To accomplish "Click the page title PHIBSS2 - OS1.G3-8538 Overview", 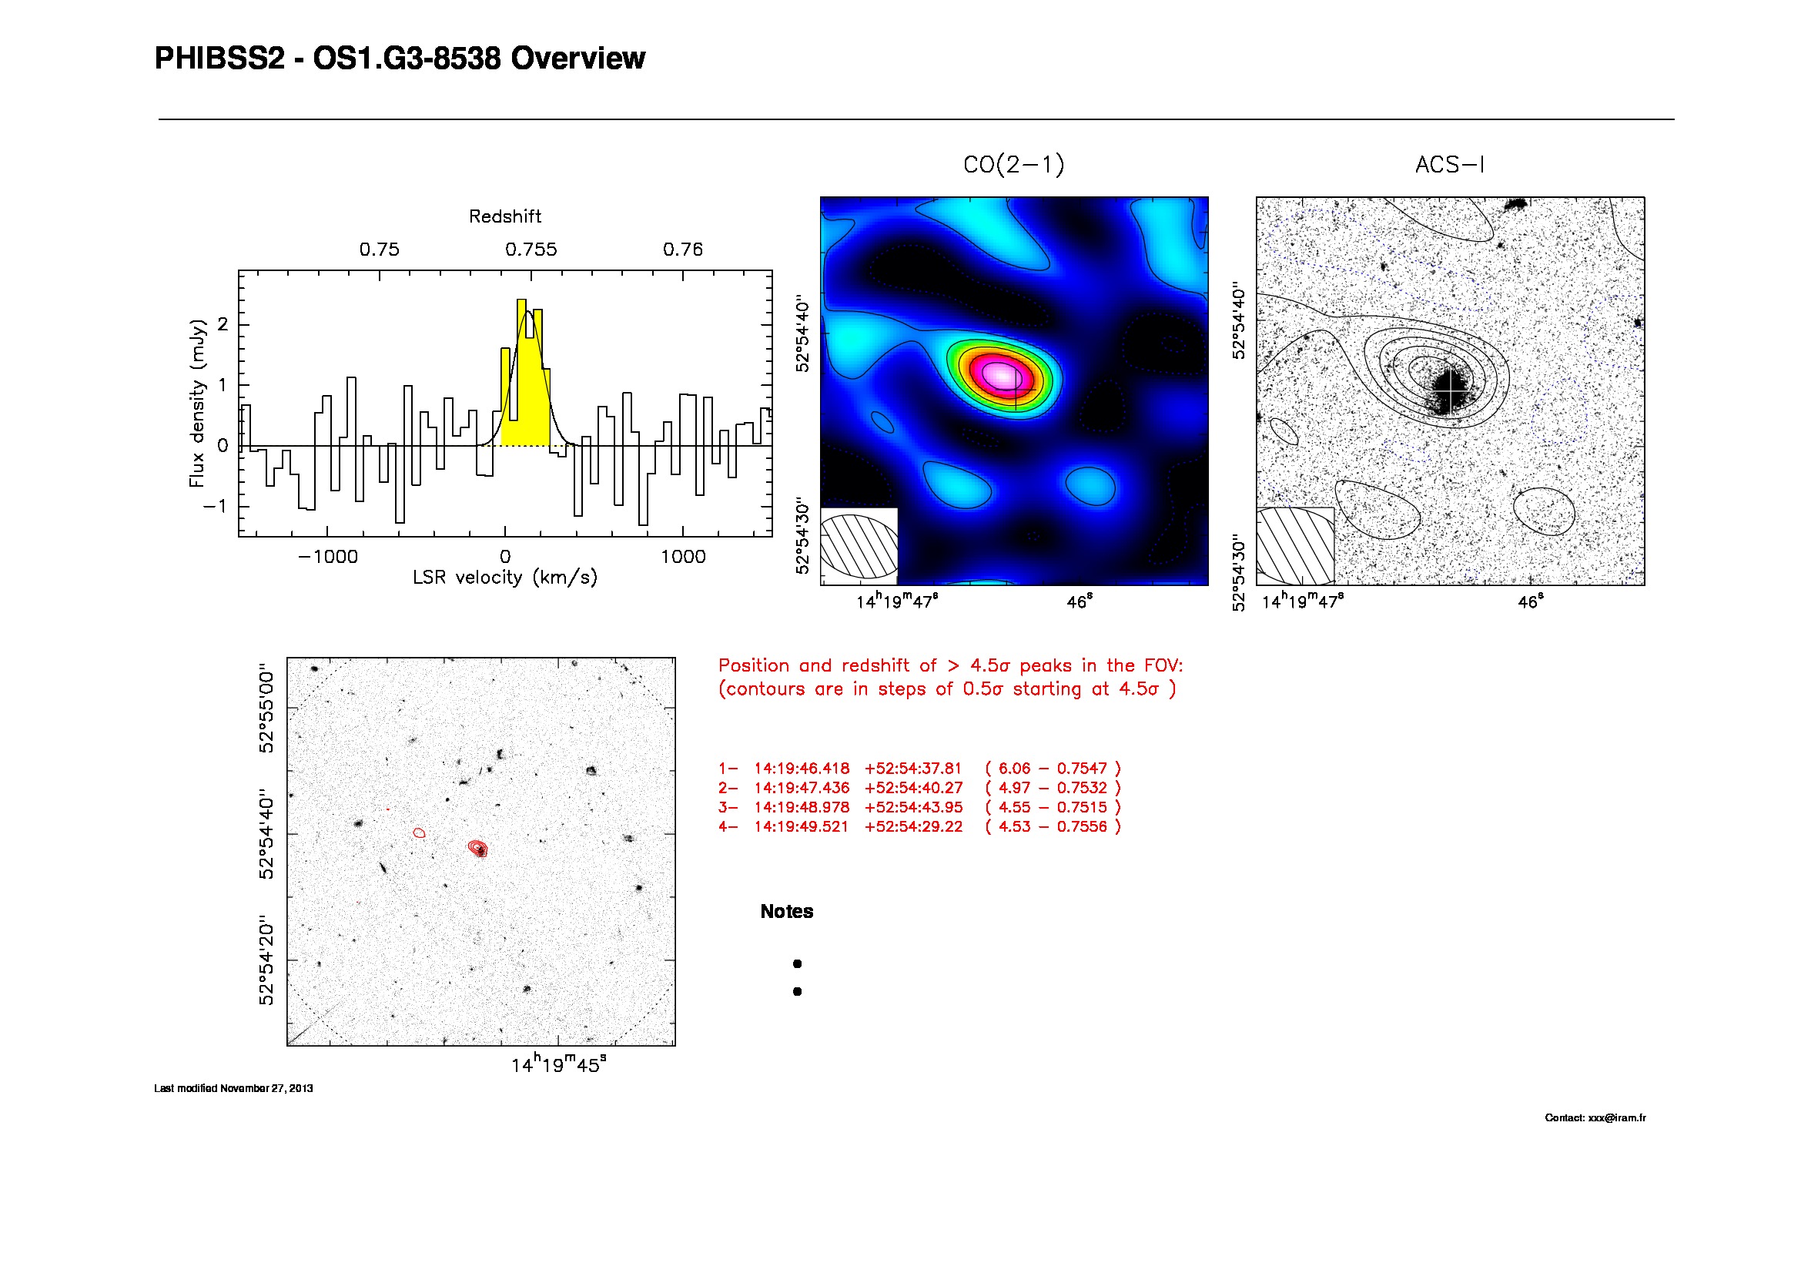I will (x=400, y=59).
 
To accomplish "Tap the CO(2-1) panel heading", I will (x=1013, y=165).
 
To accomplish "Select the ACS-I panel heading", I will (x=1450, y=165).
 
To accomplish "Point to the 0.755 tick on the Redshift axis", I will (x=531, y=250).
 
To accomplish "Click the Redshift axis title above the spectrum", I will (x=504, y=216).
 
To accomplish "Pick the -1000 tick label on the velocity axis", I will (x=328, y=557).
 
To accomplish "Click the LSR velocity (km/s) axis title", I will (x=504, y=578).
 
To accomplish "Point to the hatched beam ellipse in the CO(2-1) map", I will (x=858, y=546).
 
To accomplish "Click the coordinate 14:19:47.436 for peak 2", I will (x=802, y=789).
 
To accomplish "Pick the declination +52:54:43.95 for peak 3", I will (x=913, y=807).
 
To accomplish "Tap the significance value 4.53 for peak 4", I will (x=1013, y=826).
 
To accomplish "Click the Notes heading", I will (x=787, y=911).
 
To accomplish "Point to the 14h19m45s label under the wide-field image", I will (x=558, y=1065).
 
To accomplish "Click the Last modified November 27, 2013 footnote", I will (x=233, y=1089).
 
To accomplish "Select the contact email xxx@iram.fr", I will (x=1617, y=1117).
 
